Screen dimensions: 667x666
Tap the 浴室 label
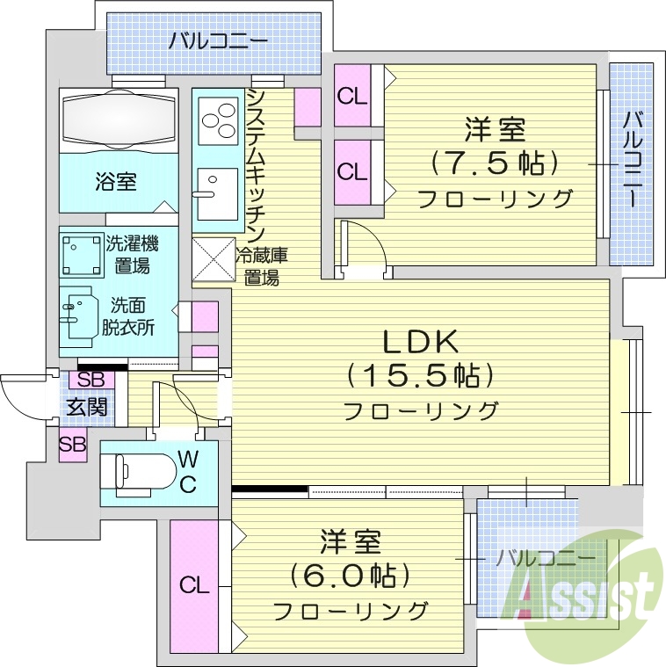116,182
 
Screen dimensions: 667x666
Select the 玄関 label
87,407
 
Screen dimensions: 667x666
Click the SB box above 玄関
90,381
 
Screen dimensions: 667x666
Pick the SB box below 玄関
73,444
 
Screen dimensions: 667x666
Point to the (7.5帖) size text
495,163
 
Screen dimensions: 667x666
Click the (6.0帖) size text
351,576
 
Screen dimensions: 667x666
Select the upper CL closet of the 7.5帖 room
353,97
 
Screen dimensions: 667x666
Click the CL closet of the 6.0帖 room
195,584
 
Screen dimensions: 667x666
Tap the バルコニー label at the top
219,40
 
